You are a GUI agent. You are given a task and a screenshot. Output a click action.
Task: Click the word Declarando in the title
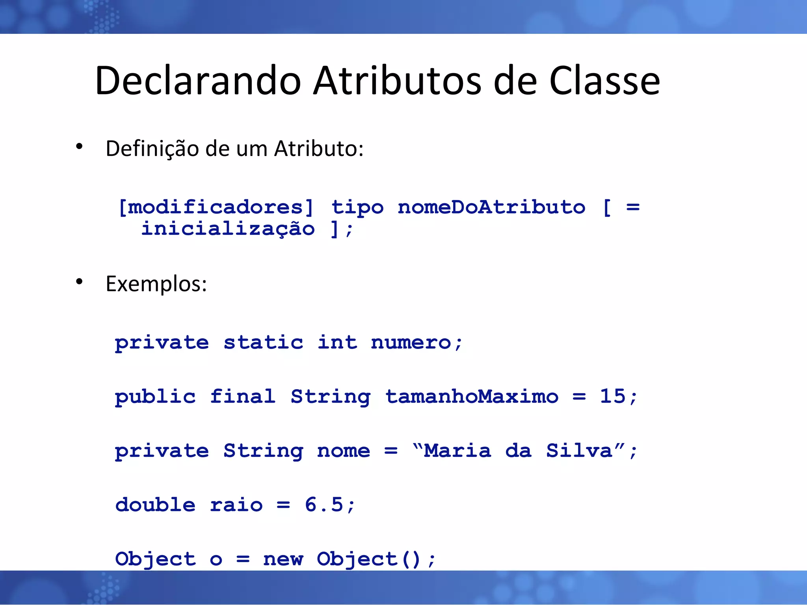coord(198,81)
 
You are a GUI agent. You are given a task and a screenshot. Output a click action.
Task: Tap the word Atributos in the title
coord(397,81)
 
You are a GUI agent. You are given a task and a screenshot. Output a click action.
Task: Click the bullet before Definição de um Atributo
coord(79,147)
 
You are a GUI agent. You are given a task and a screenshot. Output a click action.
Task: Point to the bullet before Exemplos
coord(79,282)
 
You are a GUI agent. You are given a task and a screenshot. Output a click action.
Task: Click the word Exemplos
coord(156,284)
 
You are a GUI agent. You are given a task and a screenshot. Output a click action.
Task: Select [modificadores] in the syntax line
coord(216,207)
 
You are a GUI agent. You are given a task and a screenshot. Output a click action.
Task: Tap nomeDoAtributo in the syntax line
coord(491,207)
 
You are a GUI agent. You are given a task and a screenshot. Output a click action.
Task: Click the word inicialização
coord(228,229)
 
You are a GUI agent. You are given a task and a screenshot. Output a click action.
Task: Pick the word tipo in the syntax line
coord(357,208)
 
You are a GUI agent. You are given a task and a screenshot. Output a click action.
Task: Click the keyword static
coord(263,342)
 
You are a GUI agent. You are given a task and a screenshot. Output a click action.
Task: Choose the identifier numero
coord(411,342)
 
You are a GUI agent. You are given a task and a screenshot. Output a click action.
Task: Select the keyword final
coord(242,396)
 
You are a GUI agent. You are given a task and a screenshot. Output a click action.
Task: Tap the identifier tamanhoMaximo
coord(472,396)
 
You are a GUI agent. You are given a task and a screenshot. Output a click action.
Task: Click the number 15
coord(613,396)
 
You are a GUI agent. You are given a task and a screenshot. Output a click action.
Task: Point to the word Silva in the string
coord(579,451)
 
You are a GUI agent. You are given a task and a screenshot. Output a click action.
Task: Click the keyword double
coord(155,505)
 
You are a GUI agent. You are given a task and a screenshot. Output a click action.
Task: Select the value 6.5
coord(324,505)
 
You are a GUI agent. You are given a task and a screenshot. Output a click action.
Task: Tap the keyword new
coord(283,559)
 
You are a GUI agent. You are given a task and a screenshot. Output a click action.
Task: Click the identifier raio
coord(236,505)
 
